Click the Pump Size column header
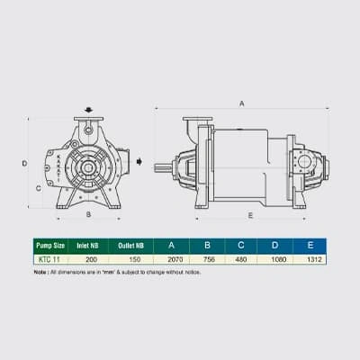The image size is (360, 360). point(50,246)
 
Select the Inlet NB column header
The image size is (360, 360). point(87,246)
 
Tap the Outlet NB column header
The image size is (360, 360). point(130,246)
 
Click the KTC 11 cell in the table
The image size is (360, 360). point(48,259)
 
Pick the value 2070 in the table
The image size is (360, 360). point(175,259)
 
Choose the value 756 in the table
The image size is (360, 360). point(209,259)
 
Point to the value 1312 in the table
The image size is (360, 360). point(314,259)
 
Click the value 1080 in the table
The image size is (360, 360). point(279,259)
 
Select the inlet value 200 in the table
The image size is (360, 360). point(91,259)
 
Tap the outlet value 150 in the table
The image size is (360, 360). point(135,259)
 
